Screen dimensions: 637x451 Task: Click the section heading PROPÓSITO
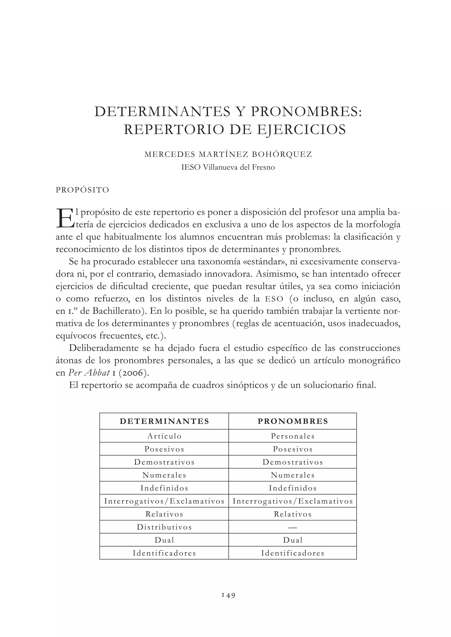[x=83, y=190]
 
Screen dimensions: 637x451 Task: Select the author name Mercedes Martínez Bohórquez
[x=228, y=154]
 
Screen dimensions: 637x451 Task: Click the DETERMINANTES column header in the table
[x=164, y=421]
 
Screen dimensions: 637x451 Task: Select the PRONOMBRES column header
[x=293, y=421]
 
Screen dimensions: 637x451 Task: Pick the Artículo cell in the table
[x=164, y=436]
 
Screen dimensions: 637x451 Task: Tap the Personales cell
[x=293, y=436]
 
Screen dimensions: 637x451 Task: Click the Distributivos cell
[x=164, y=527]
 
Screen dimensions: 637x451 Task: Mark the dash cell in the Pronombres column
[x=293, y=527]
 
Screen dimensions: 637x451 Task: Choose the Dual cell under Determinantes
[x=164, y=540]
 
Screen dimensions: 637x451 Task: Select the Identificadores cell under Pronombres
[x=293, y=553]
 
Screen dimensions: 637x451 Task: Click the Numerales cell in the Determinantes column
[x=164, y=475]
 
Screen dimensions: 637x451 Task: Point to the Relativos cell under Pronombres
[x=293, y=514]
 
